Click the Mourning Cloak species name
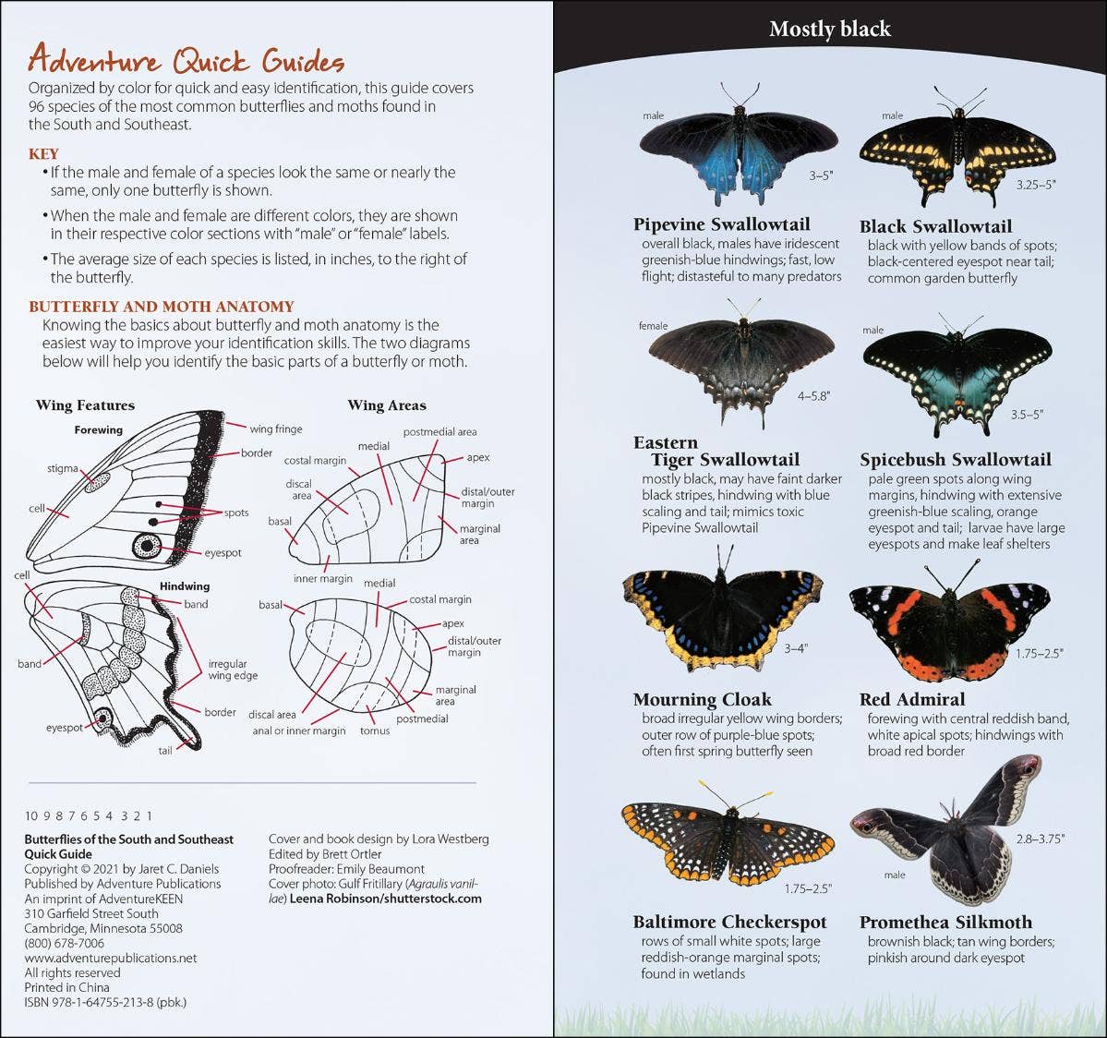click(x=702, y=699)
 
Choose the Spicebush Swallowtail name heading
click(x=956, y=459)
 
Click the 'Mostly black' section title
click(x=829, y=30)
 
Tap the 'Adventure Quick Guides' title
click(x=186, y=60)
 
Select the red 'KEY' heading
click(x=43, y=154)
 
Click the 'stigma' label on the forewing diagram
click(x=63, y=469)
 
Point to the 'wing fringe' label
click(x=275, y=428)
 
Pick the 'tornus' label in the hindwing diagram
click(x=375, y=730)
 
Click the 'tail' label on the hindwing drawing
click(x=164, y=751)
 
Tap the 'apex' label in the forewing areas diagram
click(x=478, y=457)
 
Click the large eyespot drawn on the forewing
click(x=146, y=545)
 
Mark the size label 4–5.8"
click(x=813, y=395)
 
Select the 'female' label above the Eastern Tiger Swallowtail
click(x=653, y=326)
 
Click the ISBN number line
click(x=105, y=1002)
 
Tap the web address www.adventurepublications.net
click(x=111, y=958)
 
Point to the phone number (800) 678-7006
click(x=65, y=943)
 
